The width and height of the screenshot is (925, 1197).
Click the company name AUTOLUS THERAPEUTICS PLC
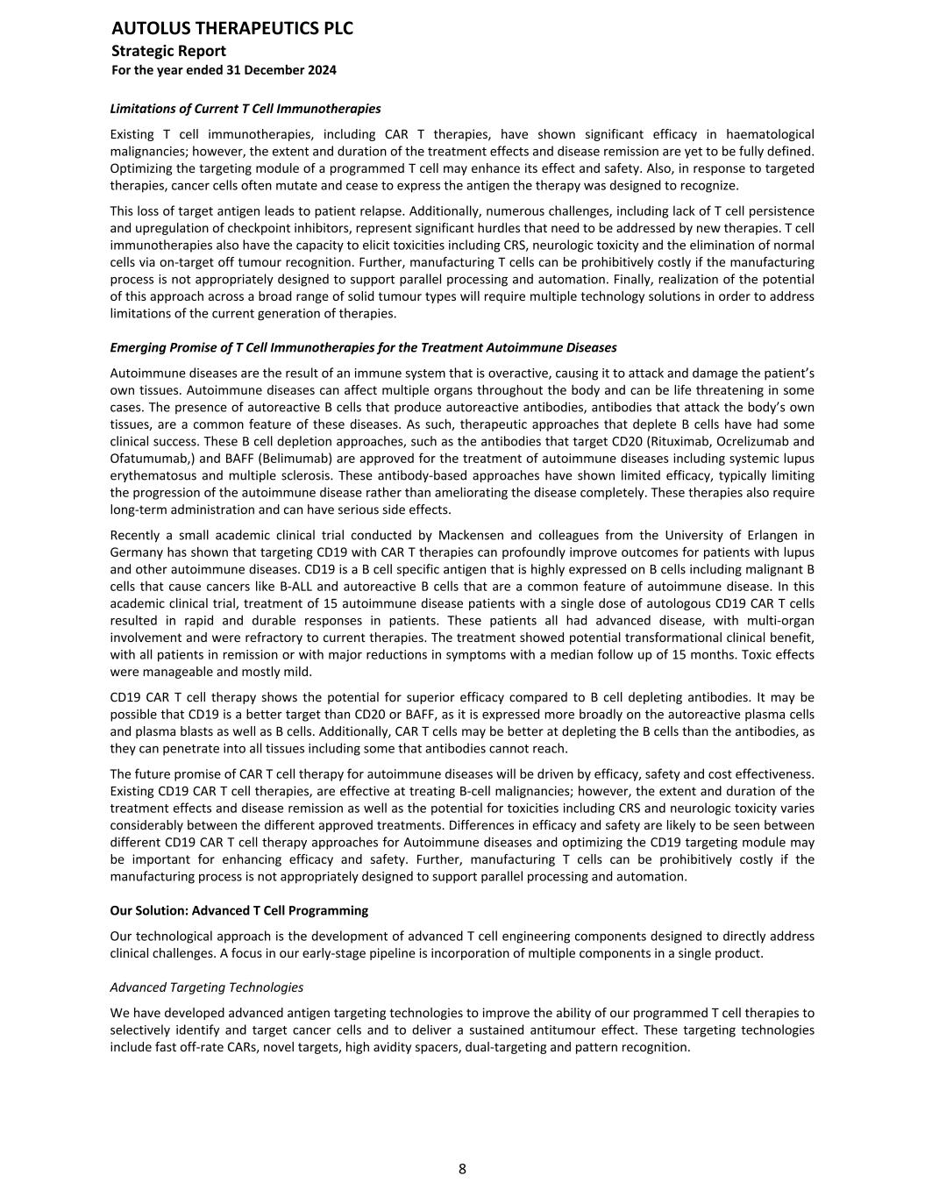(x=232, y=29)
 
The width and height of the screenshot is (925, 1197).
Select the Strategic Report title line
(x=168, y=51)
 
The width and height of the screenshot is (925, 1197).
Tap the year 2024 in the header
(x=321, y=70)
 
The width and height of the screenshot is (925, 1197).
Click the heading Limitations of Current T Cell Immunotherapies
(x=245, y=109)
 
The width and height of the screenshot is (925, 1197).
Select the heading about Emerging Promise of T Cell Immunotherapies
(x=363, y=347)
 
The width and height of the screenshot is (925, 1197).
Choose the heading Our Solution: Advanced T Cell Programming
(x=238, y=910)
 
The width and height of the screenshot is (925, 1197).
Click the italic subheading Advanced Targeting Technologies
(x=206, y=987)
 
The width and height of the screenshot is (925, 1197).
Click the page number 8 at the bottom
(x=462, y=1169)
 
